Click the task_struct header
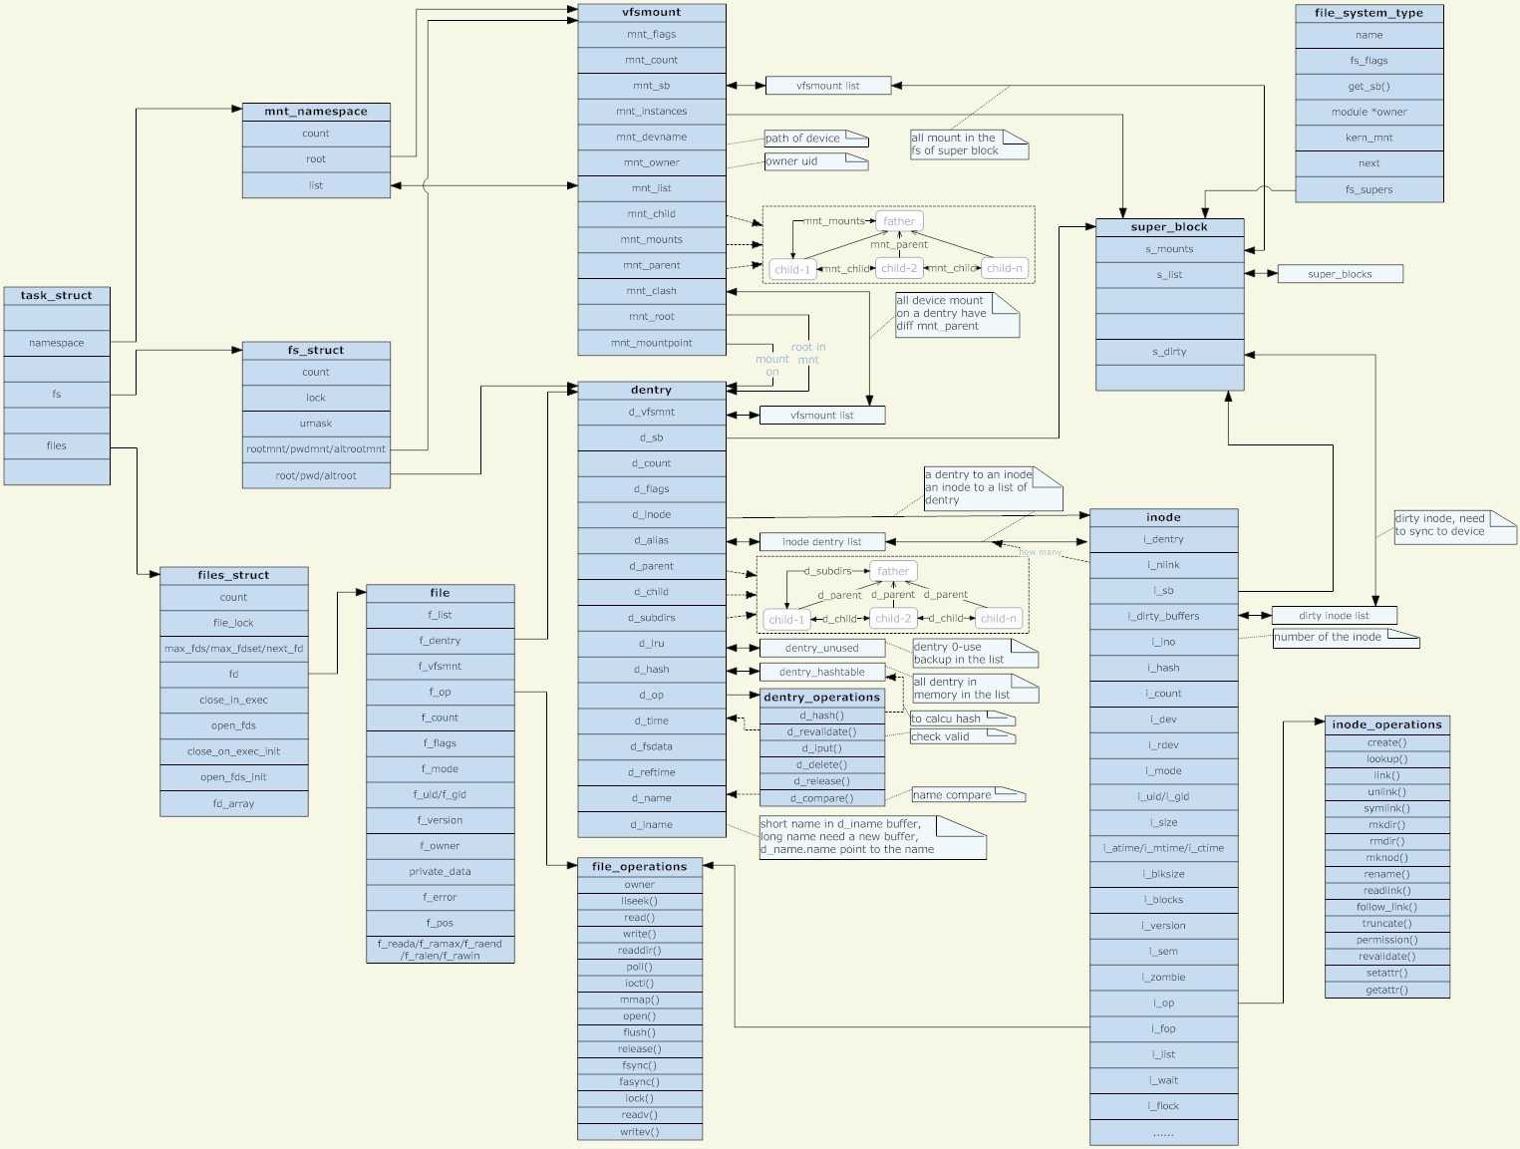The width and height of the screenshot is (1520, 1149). [57, 296]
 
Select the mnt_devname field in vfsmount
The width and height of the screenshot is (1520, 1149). [652, 137]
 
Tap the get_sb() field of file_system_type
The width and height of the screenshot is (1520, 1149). [1368, 87]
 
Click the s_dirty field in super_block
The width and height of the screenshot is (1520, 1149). [1169, 352]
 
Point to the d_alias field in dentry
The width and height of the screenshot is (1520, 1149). [652, 540]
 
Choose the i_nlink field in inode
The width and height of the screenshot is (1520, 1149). [1163, 565]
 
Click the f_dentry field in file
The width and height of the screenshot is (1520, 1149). [440, 641]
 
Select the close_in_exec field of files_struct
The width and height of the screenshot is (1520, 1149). [233, 700]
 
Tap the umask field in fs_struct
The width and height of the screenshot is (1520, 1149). [316, 424]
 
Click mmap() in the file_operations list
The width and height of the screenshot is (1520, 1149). [640, 1000]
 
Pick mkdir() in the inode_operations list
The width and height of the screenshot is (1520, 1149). [1386, 825]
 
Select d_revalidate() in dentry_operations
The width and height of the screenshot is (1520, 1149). [821, 731]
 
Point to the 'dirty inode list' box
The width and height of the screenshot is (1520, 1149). [1334, 616]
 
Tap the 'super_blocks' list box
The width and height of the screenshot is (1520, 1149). [1340, 274]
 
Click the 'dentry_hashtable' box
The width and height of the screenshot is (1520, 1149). [821, 672]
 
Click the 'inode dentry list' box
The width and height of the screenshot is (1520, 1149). [821, 542]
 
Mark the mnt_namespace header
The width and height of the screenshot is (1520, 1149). [316, 112]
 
